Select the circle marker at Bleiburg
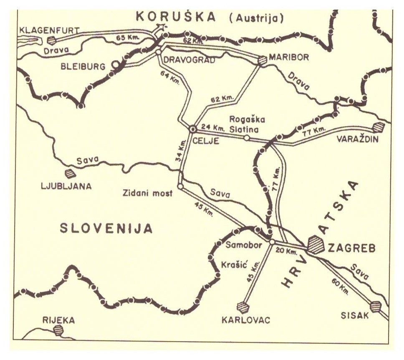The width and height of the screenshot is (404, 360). [x=116, y=66]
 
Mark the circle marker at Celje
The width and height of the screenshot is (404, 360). [x=193, y=129]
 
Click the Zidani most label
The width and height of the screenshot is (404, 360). [x=148, y=193]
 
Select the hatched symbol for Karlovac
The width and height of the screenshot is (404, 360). [x=242, y=307]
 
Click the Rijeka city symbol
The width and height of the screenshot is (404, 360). [x=59, y=330]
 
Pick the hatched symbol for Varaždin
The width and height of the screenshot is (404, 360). [x=379, y=127]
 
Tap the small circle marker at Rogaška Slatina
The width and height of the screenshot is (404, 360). [x=247, y=138]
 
